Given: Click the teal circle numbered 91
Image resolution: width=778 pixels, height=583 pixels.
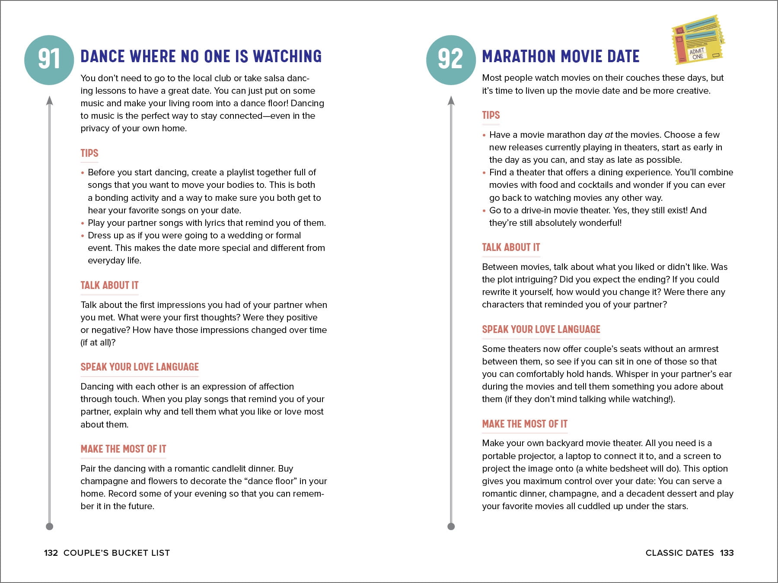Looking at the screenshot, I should (49, 60).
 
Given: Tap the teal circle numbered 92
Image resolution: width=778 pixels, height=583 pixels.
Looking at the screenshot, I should (450, 60).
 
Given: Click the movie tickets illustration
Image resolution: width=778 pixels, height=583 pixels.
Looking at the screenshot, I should (697, 40).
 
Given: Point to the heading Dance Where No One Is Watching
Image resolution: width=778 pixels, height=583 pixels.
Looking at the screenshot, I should (201, 57).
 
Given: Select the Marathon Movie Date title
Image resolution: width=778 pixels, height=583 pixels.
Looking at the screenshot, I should (561, 57).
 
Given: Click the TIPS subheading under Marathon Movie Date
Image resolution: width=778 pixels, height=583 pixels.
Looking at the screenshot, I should (491, 115).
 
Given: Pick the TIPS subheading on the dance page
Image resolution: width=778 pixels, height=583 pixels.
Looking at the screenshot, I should (89, 153).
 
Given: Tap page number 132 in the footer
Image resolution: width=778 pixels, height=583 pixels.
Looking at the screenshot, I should (51, 553).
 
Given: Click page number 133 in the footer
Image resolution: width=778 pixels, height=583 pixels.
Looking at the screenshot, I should (727, 553).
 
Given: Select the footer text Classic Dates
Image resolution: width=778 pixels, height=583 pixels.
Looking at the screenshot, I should (679, 553).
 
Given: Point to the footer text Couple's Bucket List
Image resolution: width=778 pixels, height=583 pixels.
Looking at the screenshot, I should (117, 553).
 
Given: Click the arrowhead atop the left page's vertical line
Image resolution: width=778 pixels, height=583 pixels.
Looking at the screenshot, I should (50, 101).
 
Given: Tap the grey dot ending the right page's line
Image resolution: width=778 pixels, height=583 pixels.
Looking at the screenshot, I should (451, 526).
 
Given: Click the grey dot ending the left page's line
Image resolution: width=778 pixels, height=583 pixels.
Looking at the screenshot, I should (50, 526).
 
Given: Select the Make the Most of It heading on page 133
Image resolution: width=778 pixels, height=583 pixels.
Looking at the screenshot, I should (525, 424).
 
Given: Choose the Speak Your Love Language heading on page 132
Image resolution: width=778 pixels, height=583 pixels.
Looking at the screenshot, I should (140, 367).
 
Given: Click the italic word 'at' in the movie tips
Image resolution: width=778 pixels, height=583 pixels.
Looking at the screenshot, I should (609, 135).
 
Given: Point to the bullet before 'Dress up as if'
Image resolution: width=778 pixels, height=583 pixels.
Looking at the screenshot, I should (83, 236).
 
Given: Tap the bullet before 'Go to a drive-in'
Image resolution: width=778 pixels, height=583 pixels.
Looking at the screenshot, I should (484, 211).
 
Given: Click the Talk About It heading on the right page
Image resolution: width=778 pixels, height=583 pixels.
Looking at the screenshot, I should (511, 247).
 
